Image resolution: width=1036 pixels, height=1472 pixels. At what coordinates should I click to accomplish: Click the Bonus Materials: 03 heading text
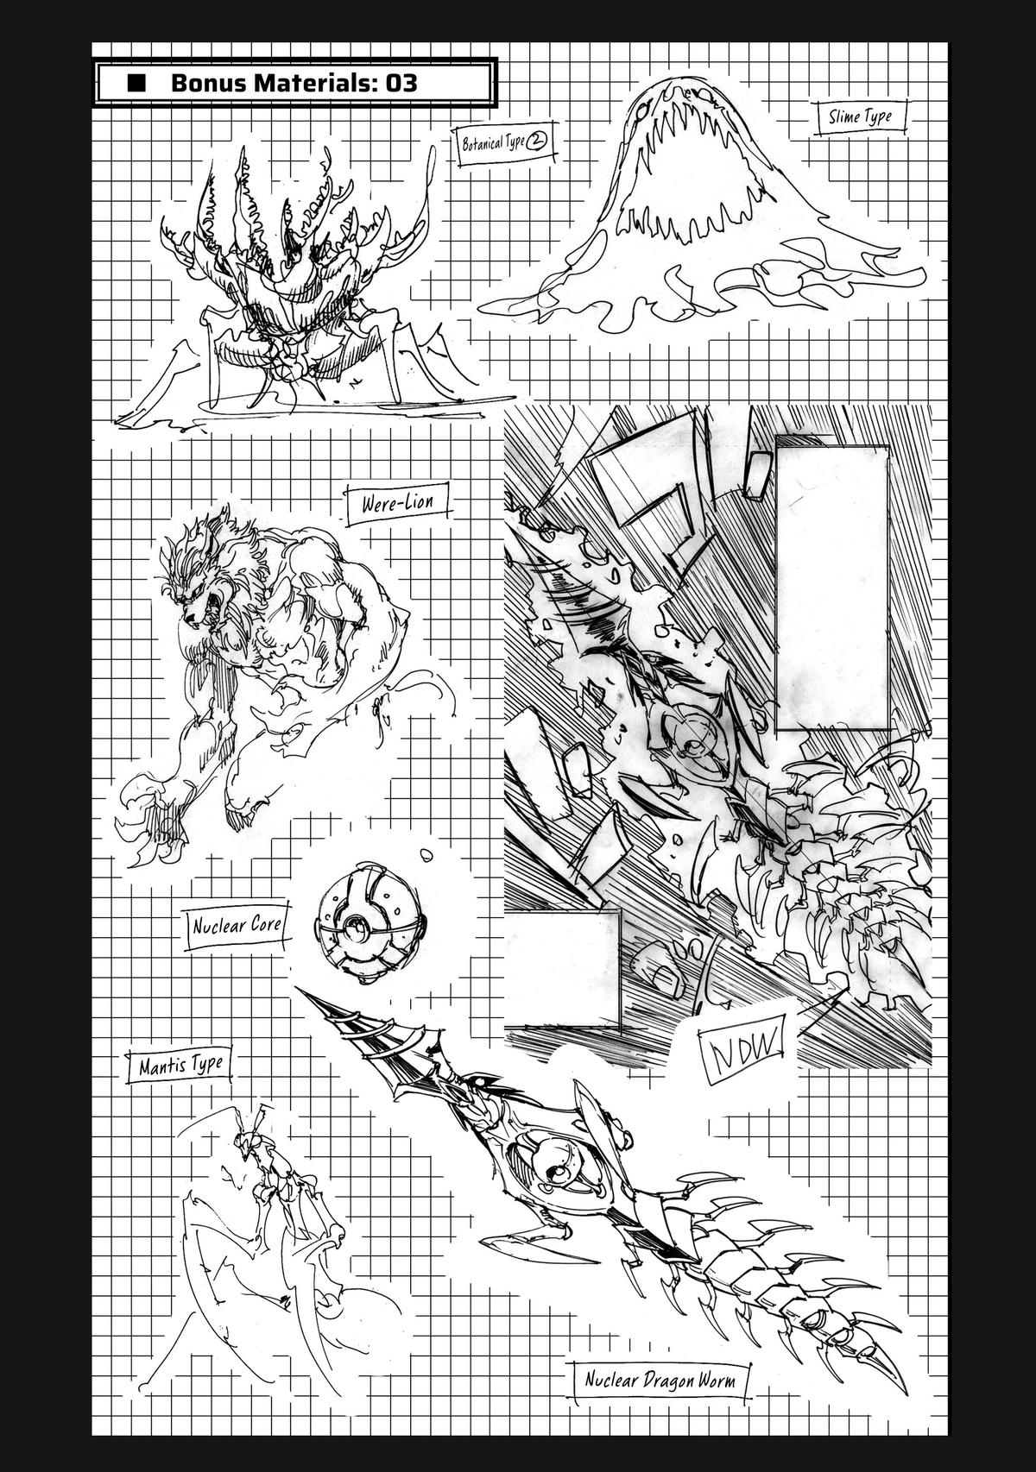(x=294, y=83)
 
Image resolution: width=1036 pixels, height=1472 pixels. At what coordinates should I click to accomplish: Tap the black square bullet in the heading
(x=136, y=83)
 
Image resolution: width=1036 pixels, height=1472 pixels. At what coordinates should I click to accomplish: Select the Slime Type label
(x=860, y=117)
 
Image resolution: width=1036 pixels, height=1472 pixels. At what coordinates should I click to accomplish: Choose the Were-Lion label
(x=399, y=502)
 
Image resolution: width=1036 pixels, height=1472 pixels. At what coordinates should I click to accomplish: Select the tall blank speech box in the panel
(x=831, y=584)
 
